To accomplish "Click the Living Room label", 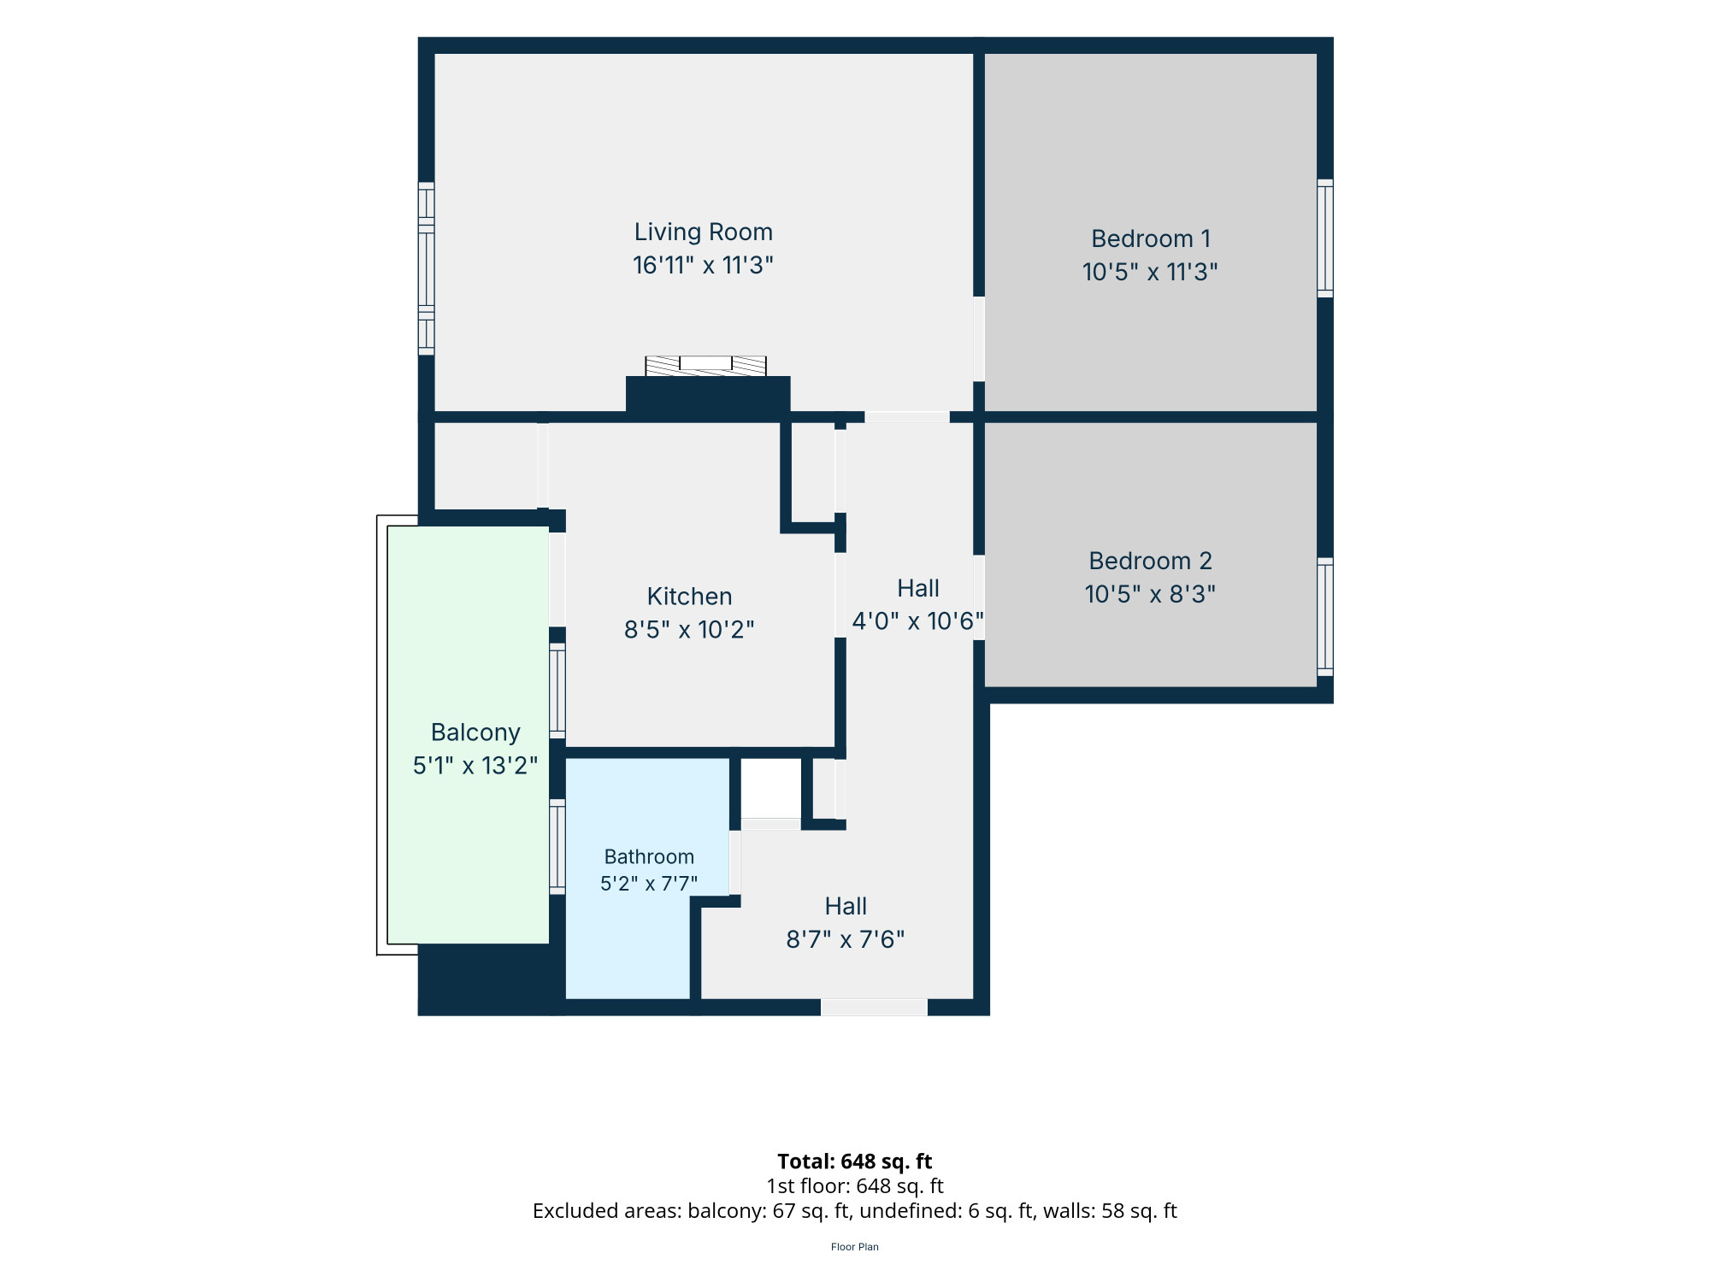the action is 703,232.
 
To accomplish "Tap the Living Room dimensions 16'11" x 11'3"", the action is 703,265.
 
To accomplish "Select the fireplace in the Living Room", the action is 706,366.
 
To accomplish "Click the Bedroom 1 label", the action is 1151,238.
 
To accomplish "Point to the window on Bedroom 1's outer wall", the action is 1324,238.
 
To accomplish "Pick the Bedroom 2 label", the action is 1150,561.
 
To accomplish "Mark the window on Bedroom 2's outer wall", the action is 1324,616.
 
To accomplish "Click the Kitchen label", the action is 689,597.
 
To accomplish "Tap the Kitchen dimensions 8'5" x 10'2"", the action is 689,630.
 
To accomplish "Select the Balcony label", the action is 475,733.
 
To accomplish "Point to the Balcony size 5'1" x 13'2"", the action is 475,766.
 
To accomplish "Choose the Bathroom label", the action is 649,856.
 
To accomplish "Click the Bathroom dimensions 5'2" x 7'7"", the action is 649,883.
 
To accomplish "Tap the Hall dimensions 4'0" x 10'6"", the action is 918,621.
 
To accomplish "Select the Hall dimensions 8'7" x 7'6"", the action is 846,940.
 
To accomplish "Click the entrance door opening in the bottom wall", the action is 874,1008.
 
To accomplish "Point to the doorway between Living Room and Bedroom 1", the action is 979,338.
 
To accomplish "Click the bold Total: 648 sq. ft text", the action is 855,1161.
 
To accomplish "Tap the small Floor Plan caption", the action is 855,1247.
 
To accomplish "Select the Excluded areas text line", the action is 855,1211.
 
